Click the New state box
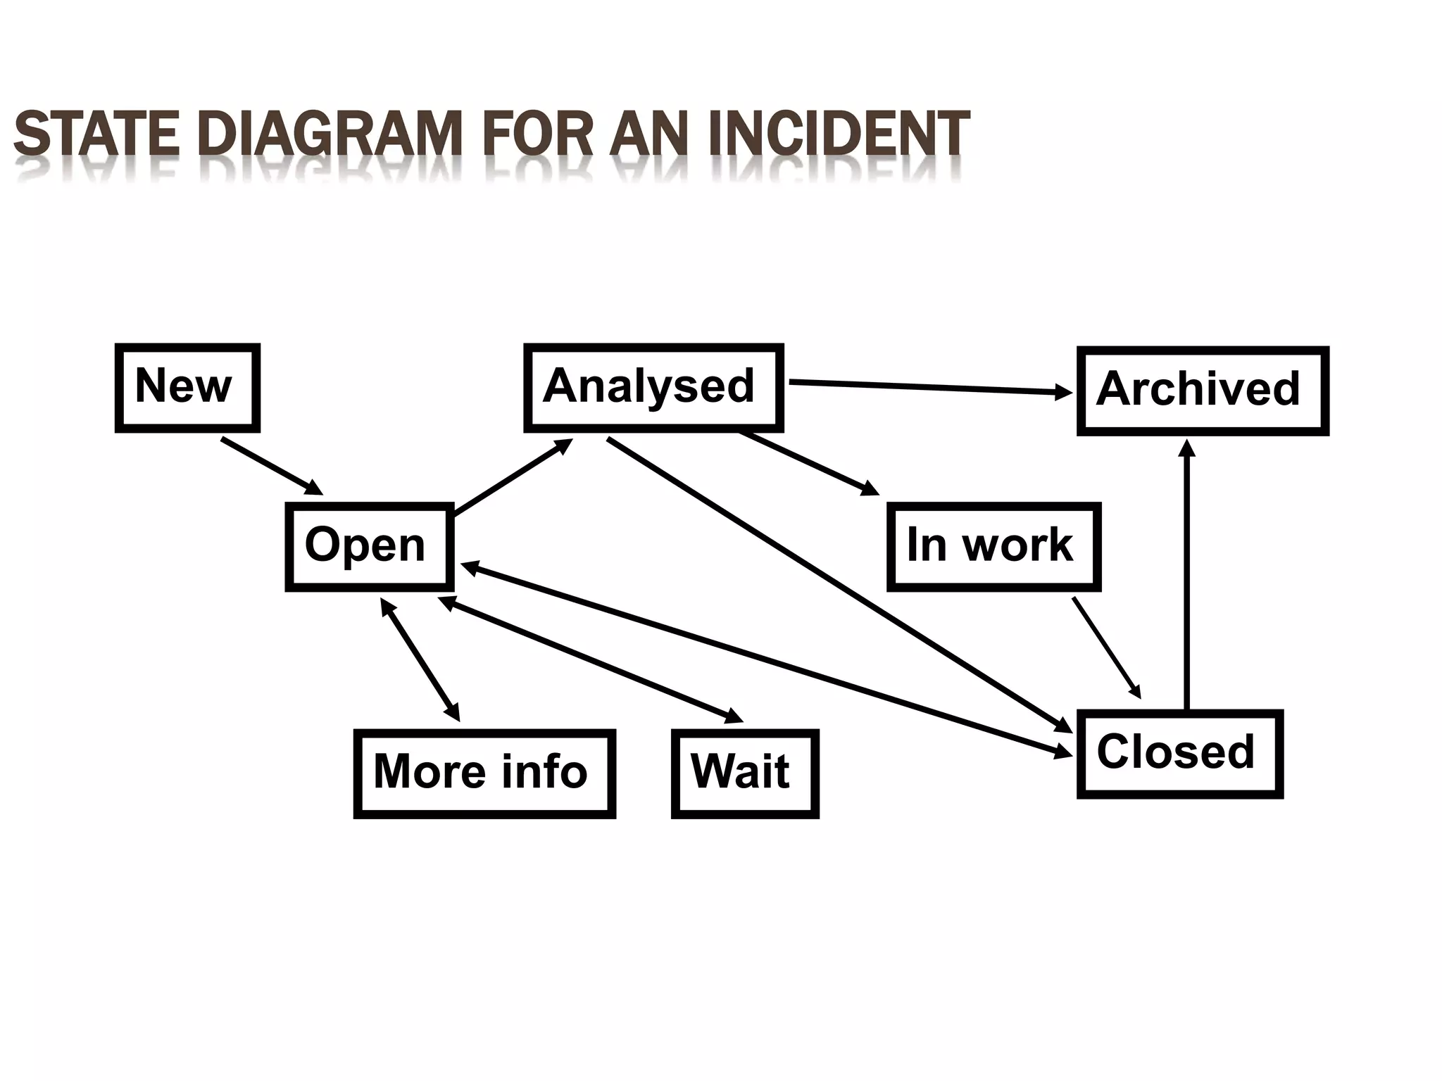187,388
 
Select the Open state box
369,547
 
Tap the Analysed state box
653,388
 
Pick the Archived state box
1202,391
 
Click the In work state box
993,547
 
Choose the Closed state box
1179,754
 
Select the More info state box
484,773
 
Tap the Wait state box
744,773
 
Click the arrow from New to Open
272,466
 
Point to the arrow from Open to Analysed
513,476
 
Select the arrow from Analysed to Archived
929,387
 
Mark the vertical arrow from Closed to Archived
1187,577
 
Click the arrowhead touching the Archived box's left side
1063,392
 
